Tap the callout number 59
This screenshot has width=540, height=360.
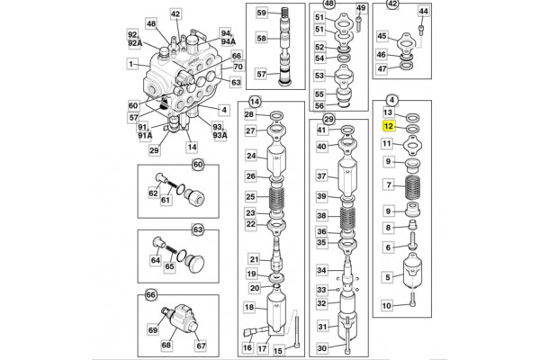tap(261, 13)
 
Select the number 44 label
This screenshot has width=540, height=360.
tap(424, 12)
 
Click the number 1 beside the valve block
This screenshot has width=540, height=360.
tap(131, 65)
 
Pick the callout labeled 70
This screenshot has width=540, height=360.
tap(238, 67)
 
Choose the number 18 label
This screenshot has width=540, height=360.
tap(249, 308)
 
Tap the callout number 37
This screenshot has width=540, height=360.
tap(319, 176)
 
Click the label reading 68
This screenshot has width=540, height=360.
tap(166, 344)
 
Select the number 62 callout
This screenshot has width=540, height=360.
tap(153, 192)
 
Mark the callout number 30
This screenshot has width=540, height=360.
tap(319, 348)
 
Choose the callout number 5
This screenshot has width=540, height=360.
tap(388, 276)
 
